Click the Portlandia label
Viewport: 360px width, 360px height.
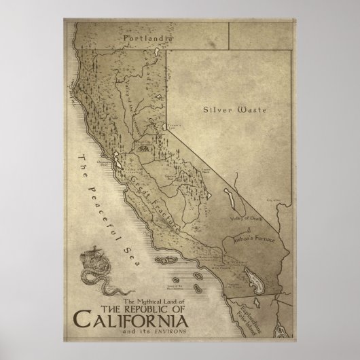click(147, 40)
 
